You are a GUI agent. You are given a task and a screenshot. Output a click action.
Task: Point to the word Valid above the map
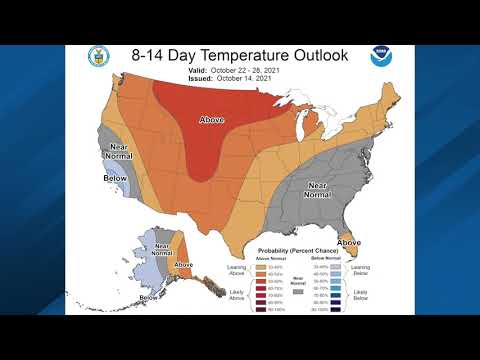(x=198, y=72)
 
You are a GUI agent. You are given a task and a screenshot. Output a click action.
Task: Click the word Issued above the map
(x=199, y=79)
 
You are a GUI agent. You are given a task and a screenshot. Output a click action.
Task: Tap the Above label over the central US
(x=211, y=119)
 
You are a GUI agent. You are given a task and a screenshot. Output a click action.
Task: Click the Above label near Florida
(x=350, y=242)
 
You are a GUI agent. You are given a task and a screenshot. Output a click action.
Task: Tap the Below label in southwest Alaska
(x=148, y=297)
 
